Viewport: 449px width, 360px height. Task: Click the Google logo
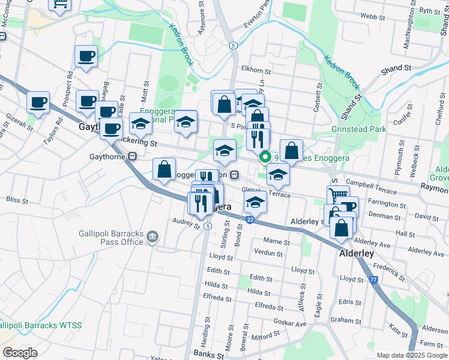20,353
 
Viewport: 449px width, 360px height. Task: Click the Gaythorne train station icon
133,156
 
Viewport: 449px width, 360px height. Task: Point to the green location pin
265,157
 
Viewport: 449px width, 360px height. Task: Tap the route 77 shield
373,280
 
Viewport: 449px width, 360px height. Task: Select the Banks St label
208,355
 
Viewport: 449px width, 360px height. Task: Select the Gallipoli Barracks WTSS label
41,325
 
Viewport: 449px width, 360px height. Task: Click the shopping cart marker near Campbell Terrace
338,196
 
